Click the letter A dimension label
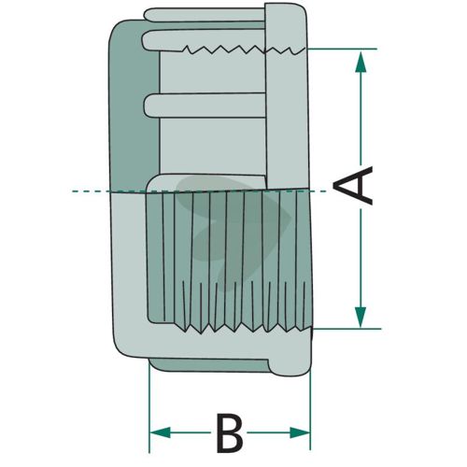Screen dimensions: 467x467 (x=353, y=186)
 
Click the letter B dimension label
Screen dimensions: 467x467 (x=230, y=432)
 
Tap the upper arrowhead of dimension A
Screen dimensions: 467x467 (x=361, y=62)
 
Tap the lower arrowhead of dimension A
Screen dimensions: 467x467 (x=361, y=317)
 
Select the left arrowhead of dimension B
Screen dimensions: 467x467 (x=160, y=432)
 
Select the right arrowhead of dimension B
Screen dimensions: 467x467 (x=300, y=432)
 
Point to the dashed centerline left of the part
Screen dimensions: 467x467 (x=91, y=191)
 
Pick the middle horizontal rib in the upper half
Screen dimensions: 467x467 (x=205, y=106)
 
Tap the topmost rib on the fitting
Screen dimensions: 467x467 (x=204, y=15)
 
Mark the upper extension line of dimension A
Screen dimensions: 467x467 (x=342, y=49)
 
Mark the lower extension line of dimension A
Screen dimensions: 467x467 (x=347, y=329)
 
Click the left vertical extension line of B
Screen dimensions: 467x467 (x=149, y=406)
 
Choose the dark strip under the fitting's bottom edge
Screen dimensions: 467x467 (x=208, y=365)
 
